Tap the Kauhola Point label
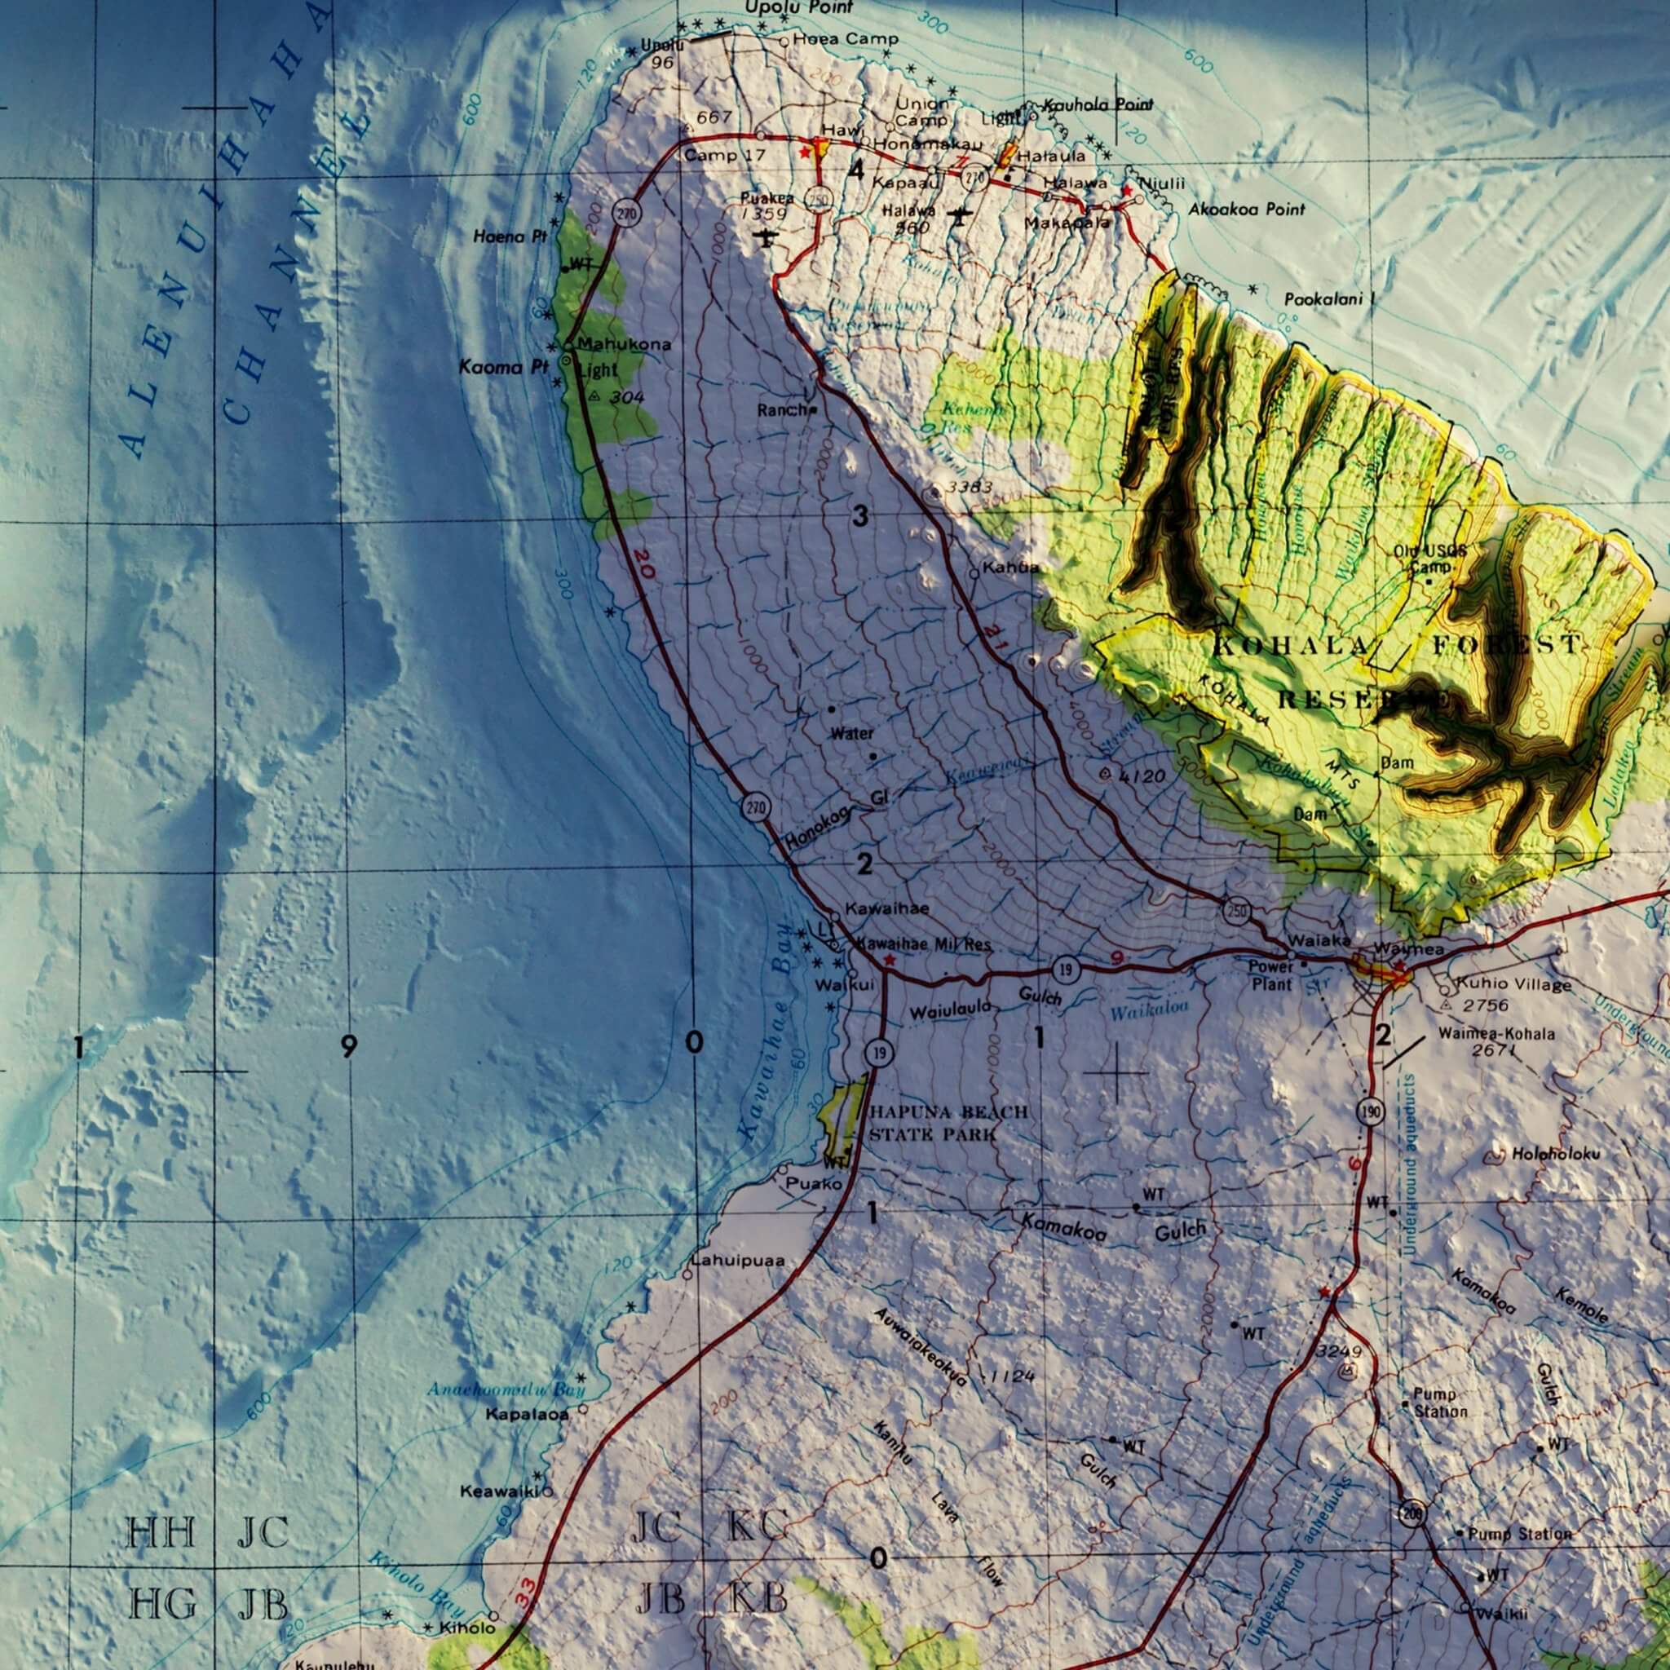1098,104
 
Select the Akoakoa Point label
1247,210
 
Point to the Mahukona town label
624,344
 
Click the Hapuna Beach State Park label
948,1123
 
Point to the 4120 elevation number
1142,776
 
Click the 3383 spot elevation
969,488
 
